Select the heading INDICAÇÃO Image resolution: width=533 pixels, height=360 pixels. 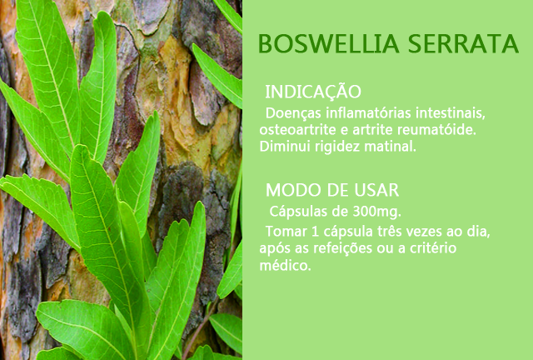313,91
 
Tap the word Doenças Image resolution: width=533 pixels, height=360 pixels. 293,113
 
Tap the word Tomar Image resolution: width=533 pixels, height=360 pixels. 286,232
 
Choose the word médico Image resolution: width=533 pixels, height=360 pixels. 285,265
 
